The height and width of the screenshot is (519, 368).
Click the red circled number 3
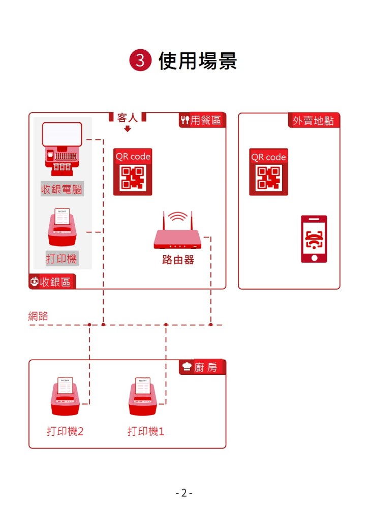point(140,61)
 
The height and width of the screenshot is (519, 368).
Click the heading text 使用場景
point(198,61)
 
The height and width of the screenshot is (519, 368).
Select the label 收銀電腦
point(62,190)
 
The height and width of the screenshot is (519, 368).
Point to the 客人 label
point(128,118)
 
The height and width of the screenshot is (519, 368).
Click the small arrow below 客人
point(128,129)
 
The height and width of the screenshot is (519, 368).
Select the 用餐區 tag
point(201,120)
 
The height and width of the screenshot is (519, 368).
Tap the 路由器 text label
point(178,260)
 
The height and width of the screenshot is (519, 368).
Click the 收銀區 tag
point(52,282)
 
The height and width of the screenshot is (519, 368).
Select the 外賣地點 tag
point(313,121)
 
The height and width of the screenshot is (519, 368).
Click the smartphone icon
point(314,239)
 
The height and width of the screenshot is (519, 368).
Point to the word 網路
point(38,316)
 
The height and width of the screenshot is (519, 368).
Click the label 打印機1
point(146,432)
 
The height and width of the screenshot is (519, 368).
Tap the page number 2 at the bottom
point(184,493)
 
